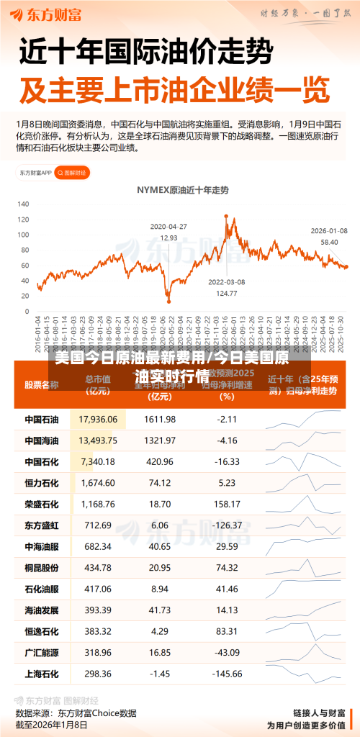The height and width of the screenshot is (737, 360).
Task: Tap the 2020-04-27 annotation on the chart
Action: click(168, 226)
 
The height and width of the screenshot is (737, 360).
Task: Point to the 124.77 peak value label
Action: click(227, 292)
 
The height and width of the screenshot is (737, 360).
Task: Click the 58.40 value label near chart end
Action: click(329, 242)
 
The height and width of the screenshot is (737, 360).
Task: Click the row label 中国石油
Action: click(41, 419)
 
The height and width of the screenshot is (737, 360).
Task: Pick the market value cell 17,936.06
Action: click(98, 419)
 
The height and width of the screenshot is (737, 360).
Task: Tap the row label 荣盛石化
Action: click(41, 504)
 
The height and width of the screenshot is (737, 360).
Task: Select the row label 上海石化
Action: click(41, 674)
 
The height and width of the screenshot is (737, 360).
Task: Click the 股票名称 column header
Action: click(41, 385)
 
